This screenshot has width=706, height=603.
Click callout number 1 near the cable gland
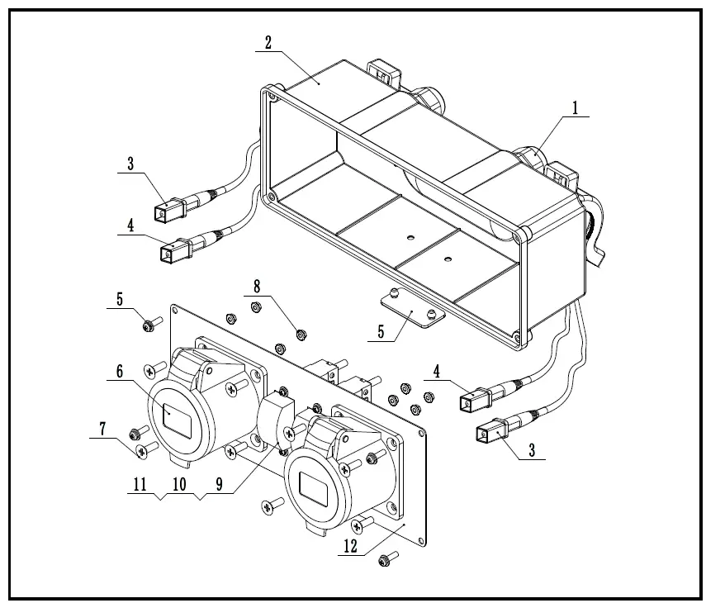575,107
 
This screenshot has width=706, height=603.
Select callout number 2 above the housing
268,43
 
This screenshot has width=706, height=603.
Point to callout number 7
103,428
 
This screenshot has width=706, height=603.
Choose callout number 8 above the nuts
257,287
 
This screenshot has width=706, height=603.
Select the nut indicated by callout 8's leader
301,335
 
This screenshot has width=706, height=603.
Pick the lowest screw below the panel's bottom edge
384,562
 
